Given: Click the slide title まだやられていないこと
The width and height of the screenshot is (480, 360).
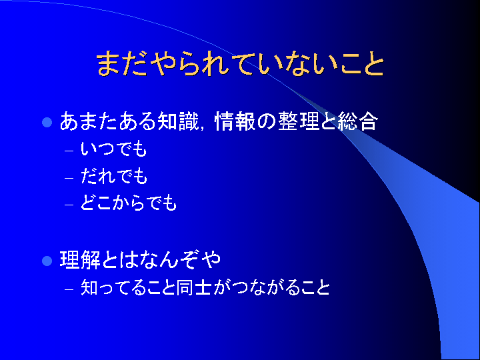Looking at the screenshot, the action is pos(240,63).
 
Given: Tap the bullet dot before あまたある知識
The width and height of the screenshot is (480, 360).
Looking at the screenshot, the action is pos(47,122).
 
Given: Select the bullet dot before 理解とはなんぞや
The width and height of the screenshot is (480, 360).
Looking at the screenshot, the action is pos(47,261).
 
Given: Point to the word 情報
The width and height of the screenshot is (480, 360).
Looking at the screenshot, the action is pos(235,121).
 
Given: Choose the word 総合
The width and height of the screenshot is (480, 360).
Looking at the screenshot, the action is pos(357,121).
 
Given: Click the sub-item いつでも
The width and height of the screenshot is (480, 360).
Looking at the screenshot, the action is pos(114,149).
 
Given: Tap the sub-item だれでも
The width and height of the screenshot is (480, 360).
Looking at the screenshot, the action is pos(114,176).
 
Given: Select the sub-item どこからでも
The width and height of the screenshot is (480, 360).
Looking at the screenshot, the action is pos(129,203).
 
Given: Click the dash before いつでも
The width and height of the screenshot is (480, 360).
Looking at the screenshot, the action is pos(69,151).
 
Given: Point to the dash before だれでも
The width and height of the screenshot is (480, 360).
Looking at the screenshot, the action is pos(69,178).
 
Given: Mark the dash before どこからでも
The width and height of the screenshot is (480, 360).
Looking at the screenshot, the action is pos(69,205).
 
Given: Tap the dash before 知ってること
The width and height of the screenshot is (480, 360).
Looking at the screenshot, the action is pos(69,289).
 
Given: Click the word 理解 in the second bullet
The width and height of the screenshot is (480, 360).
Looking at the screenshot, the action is pos(80,260).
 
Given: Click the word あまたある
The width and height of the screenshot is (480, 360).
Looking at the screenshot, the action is pos(109,121).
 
